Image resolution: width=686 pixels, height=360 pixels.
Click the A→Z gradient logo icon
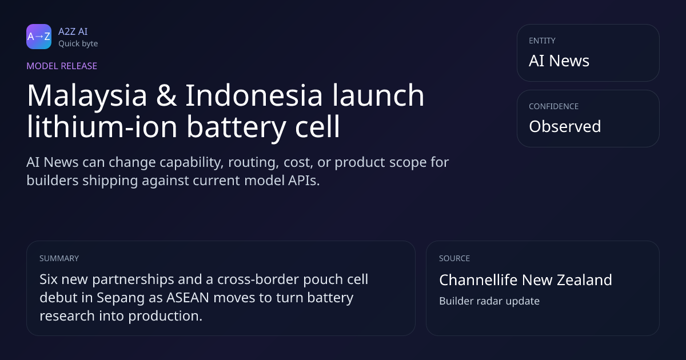pyautogui.click(x=39, y=37)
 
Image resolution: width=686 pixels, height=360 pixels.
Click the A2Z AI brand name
pyautogui.click(x=73, y=31)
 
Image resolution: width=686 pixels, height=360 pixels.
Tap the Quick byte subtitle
pyautogui.click(x=78, y=44)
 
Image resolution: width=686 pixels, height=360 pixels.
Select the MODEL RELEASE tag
pyautogui.click(x=62, y=66)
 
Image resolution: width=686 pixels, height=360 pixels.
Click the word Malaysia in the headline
pyautogui.click(x=87, y=95)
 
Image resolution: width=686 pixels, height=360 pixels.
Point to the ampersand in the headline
pyautogui.click(x=166, y=95)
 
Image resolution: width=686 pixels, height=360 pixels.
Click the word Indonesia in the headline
pyautogui.click(x=254, y=95)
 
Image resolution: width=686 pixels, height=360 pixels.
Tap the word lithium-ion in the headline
pyautogui.click(x=102, y=126)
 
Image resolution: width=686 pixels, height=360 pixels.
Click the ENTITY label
pyautogui.click(x=542, y=41)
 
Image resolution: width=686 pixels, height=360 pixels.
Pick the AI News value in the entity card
pyautogui.click(x=559, y=61)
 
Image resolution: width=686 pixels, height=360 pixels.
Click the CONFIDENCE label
pyautogui.click(x=554, y=106)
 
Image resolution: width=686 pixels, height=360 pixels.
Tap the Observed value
pyautogui.click(x=565, y=126)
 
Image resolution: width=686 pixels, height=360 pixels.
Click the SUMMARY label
pyautogui.click(x=59, y=258)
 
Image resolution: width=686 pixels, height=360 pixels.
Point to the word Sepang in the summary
pyautogui.click(x=121, y=298)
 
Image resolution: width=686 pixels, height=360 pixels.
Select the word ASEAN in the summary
pyautogui.click(x=188, y=298)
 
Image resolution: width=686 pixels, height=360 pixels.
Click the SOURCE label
pyautogui.click(x=454, y=258)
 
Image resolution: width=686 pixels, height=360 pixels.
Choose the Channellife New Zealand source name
pyautogui.click(x=525, y=280)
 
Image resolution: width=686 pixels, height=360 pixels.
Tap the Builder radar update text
pyautogui.click(x=489, y=301)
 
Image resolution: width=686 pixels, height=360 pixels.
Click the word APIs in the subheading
pyautogui.click(x=304, y=181)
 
